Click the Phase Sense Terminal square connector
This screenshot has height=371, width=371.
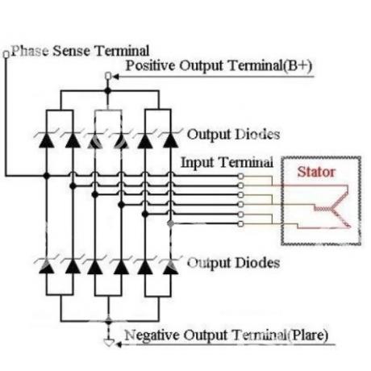6,54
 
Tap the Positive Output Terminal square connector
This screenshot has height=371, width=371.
108,77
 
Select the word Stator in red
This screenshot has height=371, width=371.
316,172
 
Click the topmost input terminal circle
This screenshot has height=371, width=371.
240,176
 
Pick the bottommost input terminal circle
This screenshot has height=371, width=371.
240,223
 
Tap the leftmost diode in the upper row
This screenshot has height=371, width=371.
47,140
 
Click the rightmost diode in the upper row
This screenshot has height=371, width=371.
170,140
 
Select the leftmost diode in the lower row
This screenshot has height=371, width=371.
47,267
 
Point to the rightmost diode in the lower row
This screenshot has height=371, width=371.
170,267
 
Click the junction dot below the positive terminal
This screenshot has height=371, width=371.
108,91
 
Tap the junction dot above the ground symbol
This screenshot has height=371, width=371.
109,321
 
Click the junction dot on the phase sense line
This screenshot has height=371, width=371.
47,176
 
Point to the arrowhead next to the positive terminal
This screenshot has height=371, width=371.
116,77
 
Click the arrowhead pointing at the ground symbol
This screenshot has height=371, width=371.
119,344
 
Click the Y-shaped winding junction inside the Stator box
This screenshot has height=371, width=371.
333,208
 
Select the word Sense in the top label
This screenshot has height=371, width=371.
72,51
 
